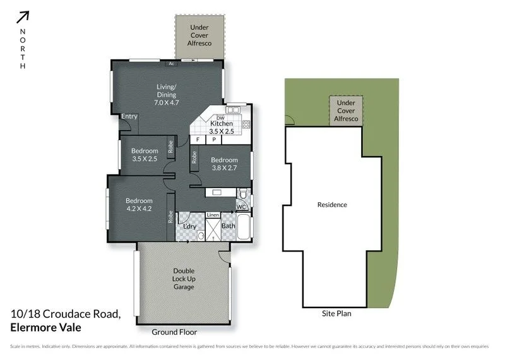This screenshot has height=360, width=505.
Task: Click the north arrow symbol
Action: pos(23,18)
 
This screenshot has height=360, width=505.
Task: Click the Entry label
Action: pos(129,116)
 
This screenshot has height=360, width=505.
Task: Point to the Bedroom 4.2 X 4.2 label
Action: pos(139,205)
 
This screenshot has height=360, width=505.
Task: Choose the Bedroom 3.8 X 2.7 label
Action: pos(224,164)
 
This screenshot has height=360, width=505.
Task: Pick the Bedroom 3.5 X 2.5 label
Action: pos(145,155)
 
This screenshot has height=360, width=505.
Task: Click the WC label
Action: pos(241,207)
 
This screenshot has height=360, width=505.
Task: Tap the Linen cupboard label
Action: pos(213,215)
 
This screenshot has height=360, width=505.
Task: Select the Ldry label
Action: pos(188,225)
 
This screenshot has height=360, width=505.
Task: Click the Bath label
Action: pos(228,225)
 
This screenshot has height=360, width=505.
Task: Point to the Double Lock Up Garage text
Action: pos(184,279)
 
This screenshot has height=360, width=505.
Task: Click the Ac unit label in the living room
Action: pos(171,64)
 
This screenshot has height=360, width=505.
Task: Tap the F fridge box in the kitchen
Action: pos(198,139)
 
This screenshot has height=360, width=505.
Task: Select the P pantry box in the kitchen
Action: pos(214,139)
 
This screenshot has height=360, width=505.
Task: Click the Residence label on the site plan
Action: pos(331,205)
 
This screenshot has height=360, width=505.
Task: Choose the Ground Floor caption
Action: pos(174,332)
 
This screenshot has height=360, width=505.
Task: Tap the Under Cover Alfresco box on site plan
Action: pos(345,111)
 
